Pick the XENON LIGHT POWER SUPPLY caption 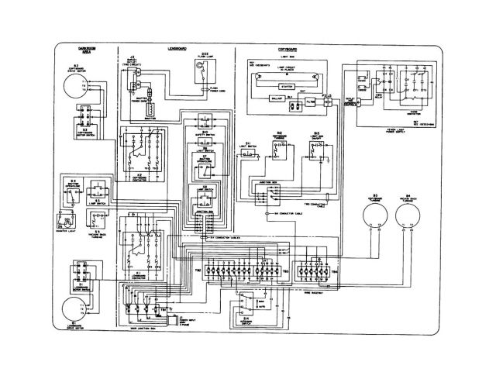(404, 124)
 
